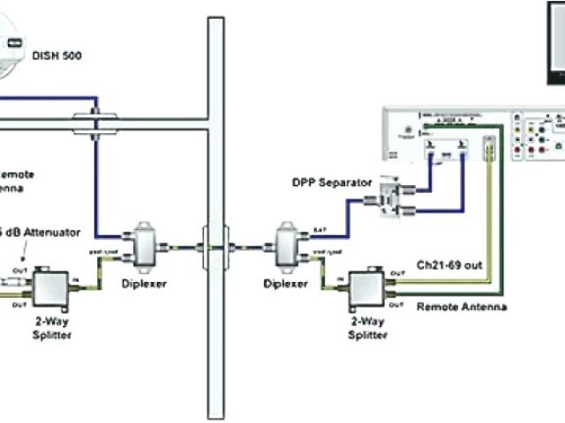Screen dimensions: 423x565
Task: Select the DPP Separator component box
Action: tap(388, 200)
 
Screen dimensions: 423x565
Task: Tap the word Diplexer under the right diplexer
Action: tap(285, 285)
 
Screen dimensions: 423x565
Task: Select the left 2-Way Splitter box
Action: tap(53, 288)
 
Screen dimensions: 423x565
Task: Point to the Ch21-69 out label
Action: tap(448, 263)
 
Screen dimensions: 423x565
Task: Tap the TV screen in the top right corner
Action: tap(555, 35)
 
